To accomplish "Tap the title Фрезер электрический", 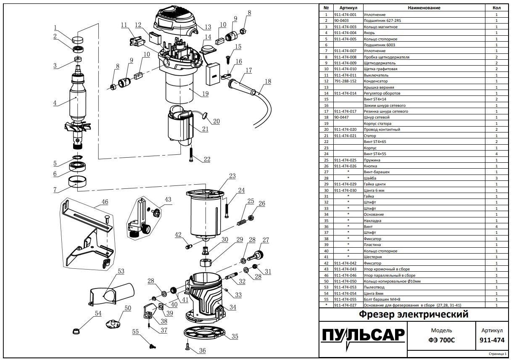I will pyautogui.click(x=414, y=315).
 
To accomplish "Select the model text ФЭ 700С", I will pyautogui.click(x=441, y=340).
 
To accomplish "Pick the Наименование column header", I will pyautogui.click(x=424, y=8).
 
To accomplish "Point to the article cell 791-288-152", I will pyautogui.click(x=345, y=81).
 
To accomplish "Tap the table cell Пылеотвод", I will pyautogui.click(x=373, y=287).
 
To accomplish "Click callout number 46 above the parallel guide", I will pyautogui.click(x=105, y=202).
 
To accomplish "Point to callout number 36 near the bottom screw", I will pyautogui.click(x=202, y=350).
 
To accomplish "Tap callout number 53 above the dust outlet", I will pyautogui.click(x=121, y=271).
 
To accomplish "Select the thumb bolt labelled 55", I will pyautogui.click(x=153, y=347).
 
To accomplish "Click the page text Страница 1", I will pyautogui.click(x=499, y=354).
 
